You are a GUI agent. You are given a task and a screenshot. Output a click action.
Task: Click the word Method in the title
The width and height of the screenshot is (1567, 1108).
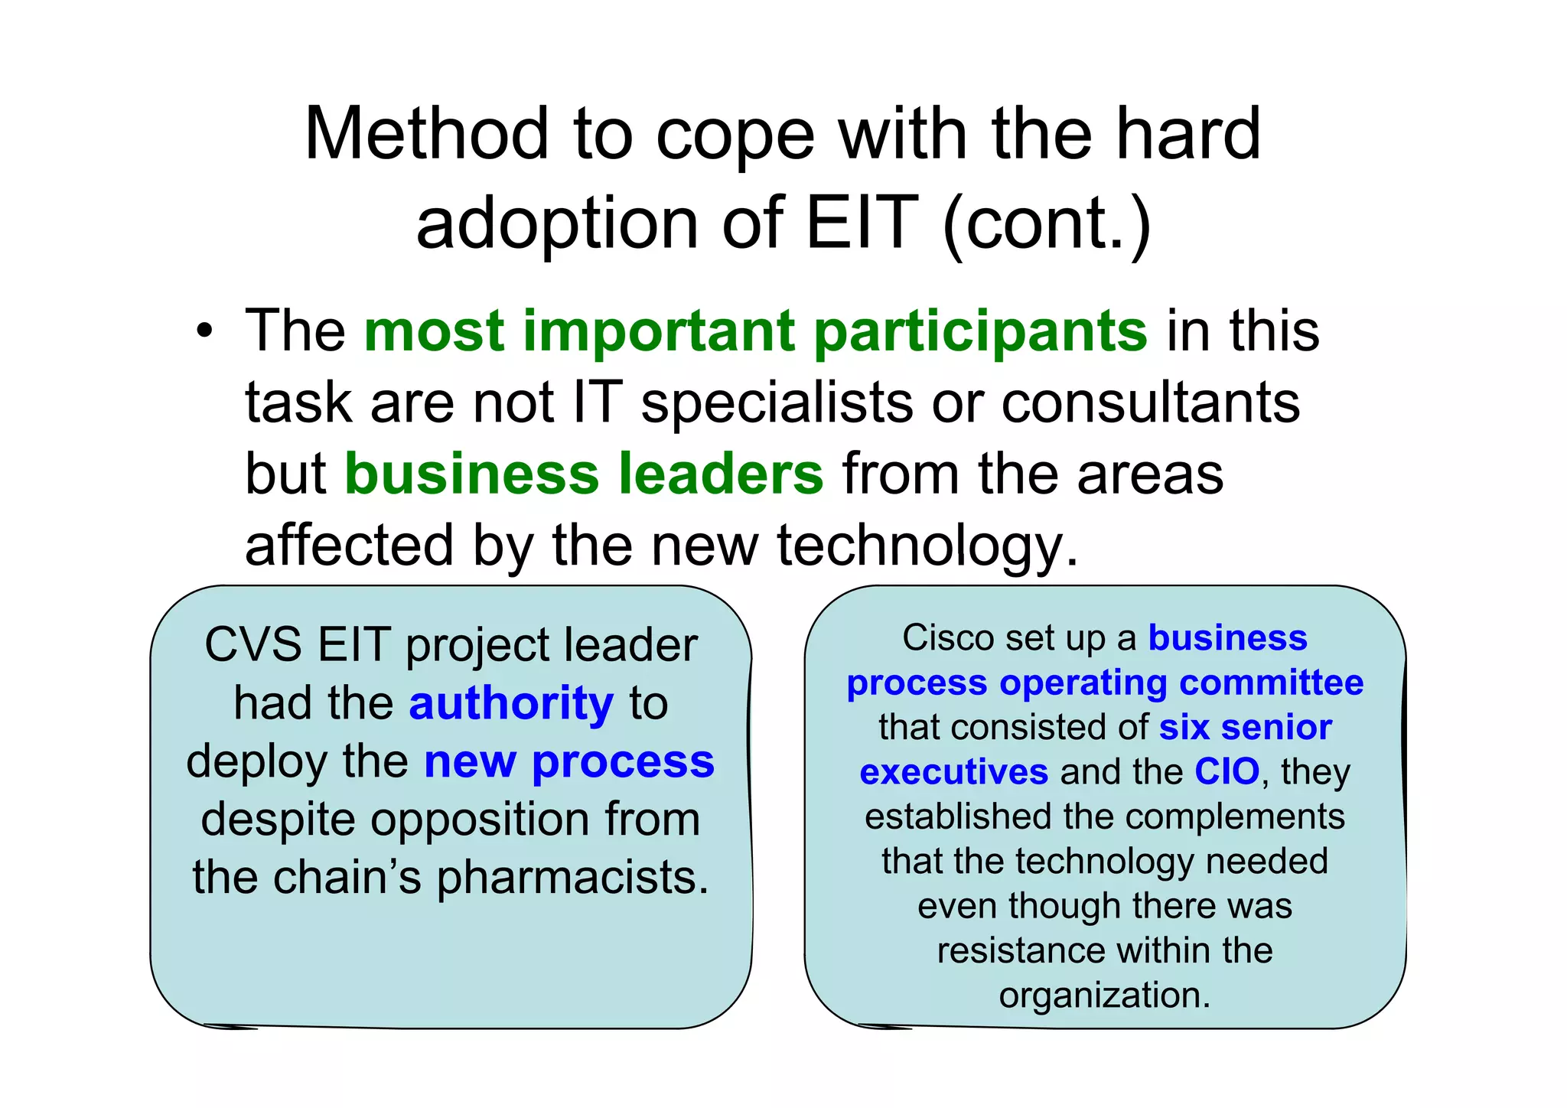[x=426, y=135]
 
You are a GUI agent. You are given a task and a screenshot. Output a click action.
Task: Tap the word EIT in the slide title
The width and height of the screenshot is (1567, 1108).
[x=862, y=223]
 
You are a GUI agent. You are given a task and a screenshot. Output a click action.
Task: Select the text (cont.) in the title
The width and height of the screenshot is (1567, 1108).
[x=1046, y=225]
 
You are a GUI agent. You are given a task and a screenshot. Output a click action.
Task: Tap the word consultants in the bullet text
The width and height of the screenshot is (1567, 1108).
[x=1151, y=402]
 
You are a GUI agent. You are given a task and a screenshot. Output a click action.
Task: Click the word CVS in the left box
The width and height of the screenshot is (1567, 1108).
[x=253, y=644]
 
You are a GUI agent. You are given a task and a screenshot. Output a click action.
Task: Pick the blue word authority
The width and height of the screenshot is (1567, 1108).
[x=511, y=704]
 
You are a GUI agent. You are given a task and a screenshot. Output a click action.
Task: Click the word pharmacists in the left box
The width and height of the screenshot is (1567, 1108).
[x=572, y=877]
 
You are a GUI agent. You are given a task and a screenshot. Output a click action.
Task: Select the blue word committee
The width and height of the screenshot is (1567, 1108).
[x=1271, y=683]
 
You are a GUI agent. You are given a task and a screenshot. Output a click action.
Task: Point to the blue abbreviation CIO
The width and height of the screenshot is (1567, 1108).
[x=1227, y=771]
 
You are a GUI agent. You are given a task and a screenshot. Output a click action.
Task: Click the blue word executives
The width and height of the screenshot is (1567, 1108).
[x=953, y=772]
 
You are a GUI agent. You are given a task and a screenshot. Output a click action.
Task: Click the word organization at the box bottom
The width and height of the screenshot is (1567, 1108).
[x=1104, y=996]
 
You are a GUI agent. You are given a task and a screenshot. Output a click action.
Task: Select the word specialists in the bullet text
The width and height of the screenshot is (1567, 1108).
[x=777, y=402]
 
